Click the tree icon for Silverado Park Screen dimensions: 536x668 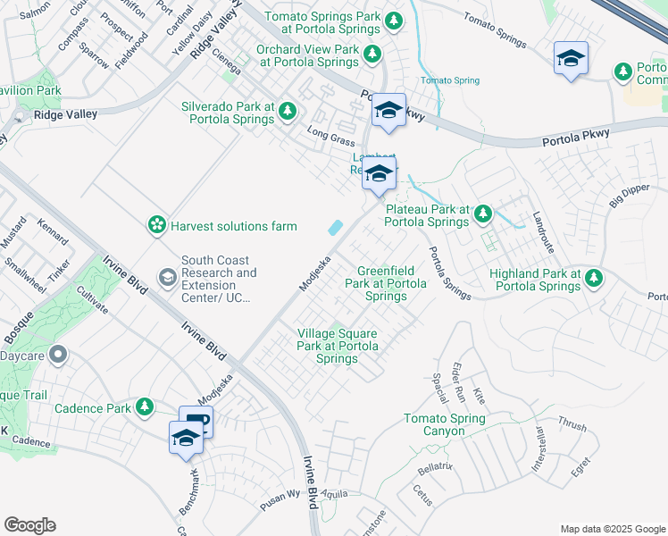[x=287, y=112]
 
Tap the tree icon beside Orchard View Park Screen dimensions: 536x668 [x=372, y=55]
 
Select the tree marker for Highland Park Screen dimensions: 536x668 [x=594, y=280]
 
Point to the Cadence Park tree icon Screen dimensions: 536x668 [x=143, y=408]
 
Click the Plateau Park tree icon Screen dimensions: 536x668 [x=483, y=214]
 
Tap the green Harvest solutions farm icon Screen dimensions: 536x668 [x=157, y=225]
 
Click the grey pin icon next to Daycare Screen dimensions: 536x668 [x=58, y=356]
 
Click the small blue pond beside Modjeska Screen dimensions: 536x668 [x=335, y=228]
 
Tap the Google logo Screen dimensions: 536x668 [x=29, y=525]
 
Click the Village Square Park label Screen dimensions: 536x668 [x=337, y=346]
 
